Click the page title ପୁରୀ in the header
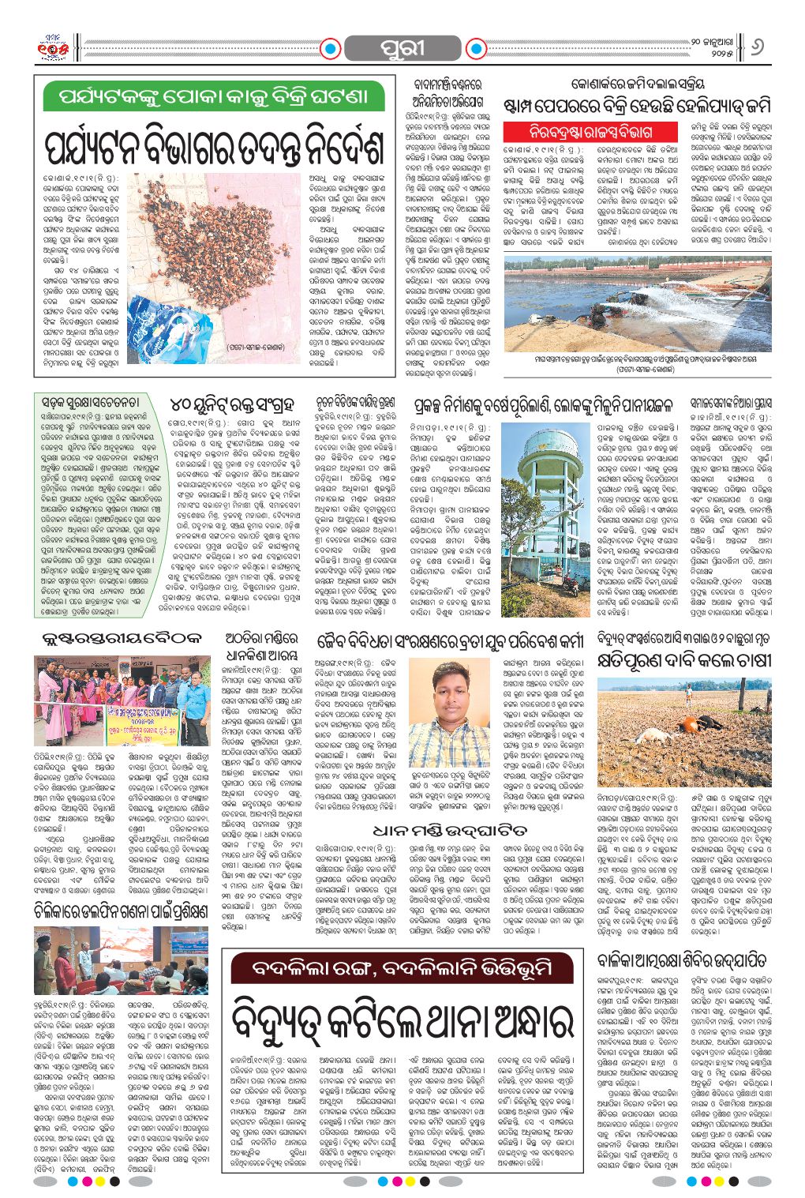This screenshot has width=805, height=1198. pyautogui.click(x=402, y=47)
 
